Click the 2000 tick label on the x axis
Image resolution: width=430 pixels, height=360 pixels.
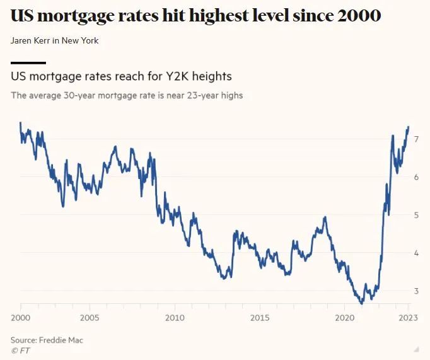click(x=20, y=317)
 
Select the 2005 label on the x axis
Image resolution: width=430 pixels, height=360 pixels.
click(x=89, y=317)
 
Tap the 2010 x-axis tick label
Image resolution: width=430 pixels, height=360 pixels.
click(x=174, y=317)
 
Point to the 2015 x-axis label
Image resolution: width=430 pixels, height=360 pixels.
click(x=259, y=317)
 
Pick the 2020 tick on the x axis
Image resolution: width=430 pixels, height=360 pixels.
click(x=344, y=317)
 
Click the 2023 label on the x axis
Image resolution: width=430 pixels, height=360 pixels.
click(x=408, y=317)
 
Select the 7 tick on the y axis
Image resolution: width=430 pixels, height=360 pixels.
click(x=416, y=139)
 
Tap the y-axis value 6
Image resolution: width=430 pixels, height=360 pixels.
click(x=416, y=177)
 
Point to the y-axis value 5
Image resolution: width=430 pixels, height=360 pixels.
click(x=416, y=215)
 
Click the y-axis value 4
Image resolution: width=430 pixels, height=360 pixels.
click(x=416, y=253)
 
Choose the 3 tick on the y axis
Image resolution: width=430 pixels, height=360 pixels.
click(x=416, y=291)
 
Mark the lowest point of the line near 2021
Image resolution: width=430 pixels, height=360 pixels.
click(x=361, y=303)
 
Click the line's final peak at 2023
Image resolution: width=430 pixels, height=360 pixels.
click(x=408, y=127)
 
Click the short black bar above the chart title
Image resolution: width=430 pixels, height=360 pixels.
click(x=28, y=62)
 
